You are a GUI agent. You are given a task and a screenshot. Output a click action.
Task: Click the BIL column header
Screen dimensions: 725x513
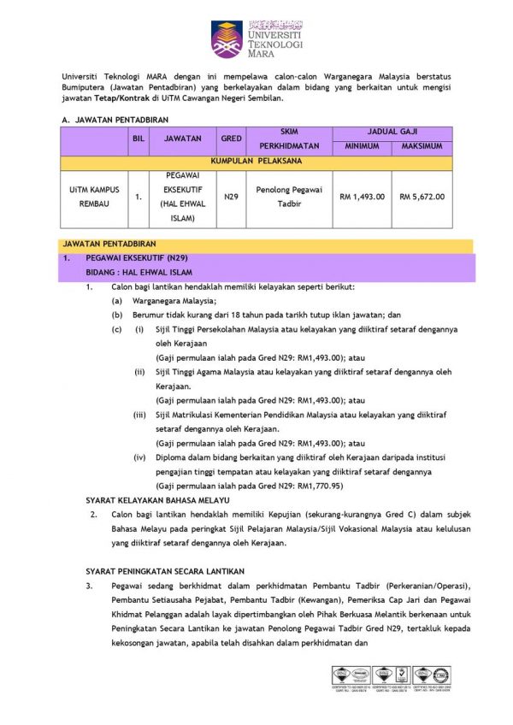[138, 139]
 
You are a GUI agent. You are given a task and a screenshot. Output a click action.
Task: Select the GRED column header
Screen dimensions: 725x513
[231, 139]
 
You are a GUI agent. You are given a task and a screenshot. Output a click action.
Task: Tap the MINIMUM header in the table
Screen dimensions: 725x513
[362, 146]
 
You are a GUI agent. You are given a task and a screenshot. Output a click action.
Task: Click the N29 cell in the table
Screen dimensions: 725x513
[231, 197]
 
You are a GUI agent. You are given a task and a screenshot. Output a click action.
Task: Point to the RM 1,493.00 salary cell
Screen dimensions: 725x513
[362, 197]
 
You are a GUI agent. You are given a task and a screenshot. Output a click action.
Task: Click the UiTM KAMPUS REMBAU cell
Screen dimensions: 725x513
[94, 197]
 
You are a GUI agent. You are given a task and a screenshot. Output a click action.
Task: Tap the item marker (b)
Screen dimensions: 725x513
[115, 315]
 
